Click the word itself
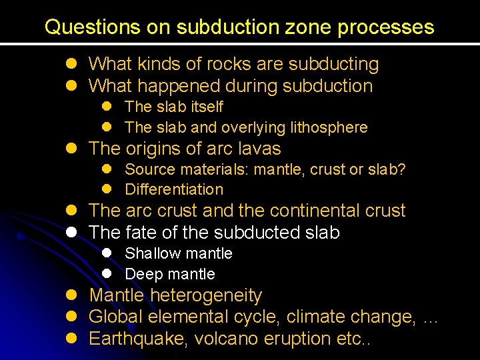[x=207, y=107]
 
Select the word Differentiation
[x=174, y=189]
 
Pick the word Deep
[x=141, y=274]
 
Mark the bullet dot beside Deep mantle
[x=107, y=274]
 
